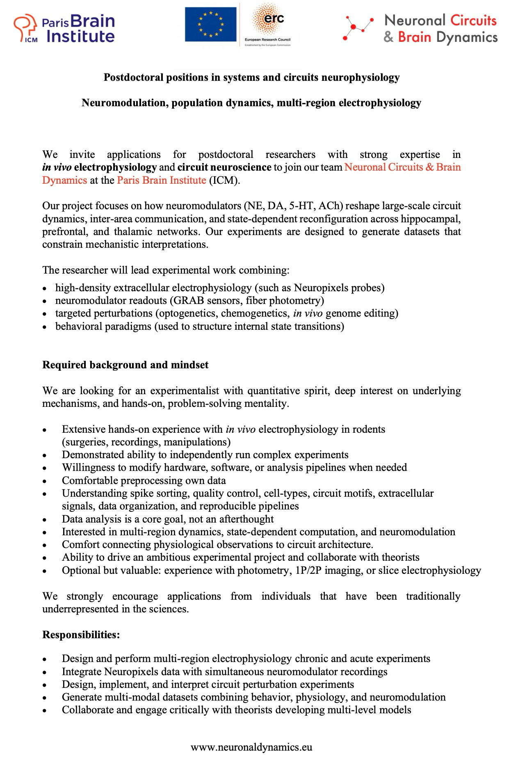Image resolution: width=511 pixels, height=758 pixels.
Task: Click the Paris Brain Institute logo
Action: coord(64,28)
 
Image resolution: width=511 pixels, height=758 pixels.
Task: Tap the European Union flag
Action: coord(210,24)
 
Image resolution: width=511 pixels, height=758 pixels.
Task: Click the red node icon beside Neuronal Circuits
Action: coord(358,27)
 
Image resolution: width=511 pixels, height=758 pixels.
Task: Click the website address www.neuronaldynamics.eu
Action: coord(251,747)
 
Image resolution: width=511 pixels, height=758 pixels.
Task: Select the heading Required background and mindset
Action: coord(125,365)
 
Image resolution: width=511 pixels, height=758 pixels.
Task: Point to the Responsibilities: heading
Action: coord(81,635)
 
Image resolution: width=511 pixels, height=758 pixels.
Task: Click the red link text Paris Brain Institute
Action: coord(161,180)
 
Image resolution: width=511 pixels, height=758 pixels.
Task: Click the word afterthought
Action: coord(246,519)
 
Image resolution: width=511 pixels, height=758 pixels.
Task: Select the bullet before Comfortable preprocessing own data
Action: coord(45,481)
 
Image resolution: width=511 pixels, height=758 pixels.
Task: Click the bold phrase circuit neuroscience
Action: coord(224,167)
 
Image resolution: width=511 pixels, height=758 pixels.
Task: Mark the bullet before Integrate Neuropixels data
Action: coord(45,672)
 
